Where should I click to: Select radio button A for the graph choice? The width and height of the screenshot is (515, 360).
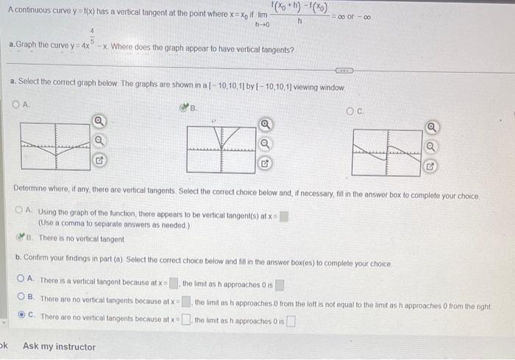(x=17, y=105)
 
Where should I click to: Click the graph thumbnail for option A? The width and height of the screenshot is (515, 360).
(x=54, y=147)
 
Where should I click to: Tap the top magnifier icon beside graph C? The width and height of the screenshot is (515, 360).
(x=433, y=127)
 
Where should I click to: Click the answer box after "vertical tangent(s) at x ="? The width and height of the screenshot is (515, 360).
(x=284, y=216)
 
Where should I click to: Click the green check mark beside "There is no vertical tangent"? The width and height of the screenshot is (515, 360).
(x=20, y=238)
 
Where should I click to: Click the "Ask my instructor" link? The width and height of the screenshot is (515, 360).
(x=59, y=346)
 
